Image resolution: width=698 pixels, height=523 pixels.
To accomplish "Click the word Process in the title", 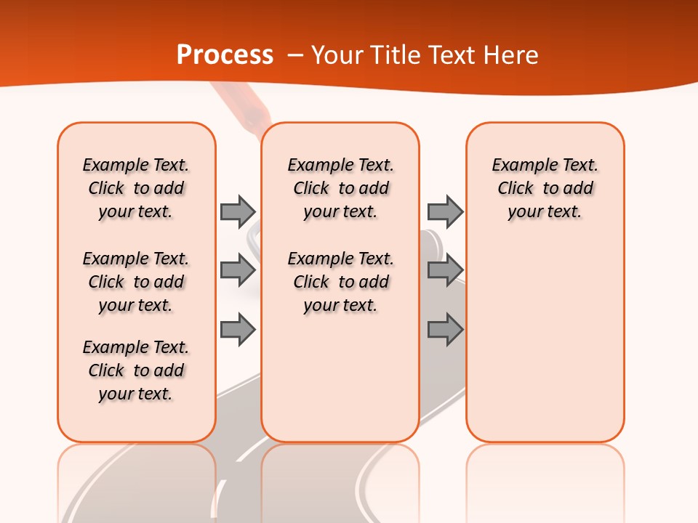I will coord(225,55).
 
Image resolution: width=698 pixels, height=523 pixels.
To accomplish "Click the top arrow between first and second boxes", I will coord(238,211).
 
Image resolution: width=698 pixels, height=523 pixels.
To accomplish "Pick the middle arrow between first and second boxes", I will coord(238,270).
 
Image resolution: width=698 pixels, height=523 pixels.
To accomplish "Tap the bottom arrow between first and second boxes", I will coord(238,329).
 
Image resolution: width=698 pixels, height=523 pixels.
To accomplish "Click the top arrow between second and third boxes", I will coord(445,211).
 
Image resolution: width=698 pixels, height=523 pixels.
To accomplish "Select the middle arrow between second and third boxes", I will coord(445,270).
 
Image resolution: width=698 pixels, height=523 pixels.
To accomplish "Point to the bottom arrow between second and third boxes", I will coord(445,329).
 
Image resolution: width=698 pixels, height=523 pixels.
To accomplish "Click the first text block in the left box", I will coord(136,188).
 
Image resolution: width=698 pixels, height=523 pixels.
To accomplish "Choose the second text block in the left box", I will coord(136,282).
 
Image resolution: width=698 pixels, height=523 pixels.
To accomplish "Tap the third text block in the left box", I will coord(136,370).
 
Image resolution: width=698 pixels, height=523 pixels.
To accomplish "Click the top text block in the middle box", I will coord(340,188).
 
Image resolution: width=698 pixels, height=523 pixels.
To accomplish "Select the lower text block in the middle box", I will coord(340,282).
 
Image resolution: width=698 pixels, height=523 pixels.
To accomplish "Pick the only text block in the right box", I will coord(545,188).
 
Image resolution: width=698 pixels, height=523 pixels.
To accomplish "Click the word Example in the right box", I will coord(520,166).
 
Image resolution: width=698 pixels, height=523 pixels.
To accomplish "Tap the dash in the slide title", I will coord(295,55).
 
